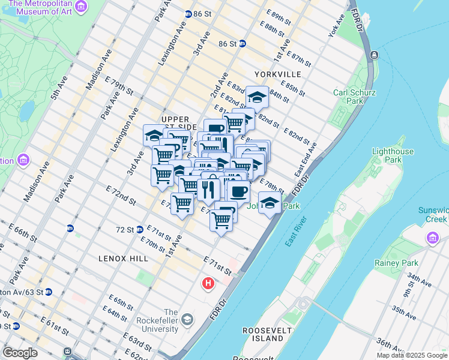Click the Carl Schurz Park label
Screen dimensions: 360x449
(348, 97)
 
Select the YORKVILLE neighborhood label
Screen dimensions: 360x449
(277, 74)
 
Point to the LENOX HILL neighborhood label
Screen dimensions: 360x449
(123, 258)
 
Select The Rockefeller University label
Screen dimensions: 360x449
(170, 325)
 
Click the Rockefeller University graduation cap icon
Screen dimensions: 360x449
(188, 318)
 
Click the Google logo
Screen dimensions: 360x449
(20, 353)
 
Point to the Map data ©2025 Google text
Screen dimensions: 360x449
(411, 355)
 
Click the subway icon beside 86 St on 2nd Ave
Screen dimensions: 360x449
(242, 43)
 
